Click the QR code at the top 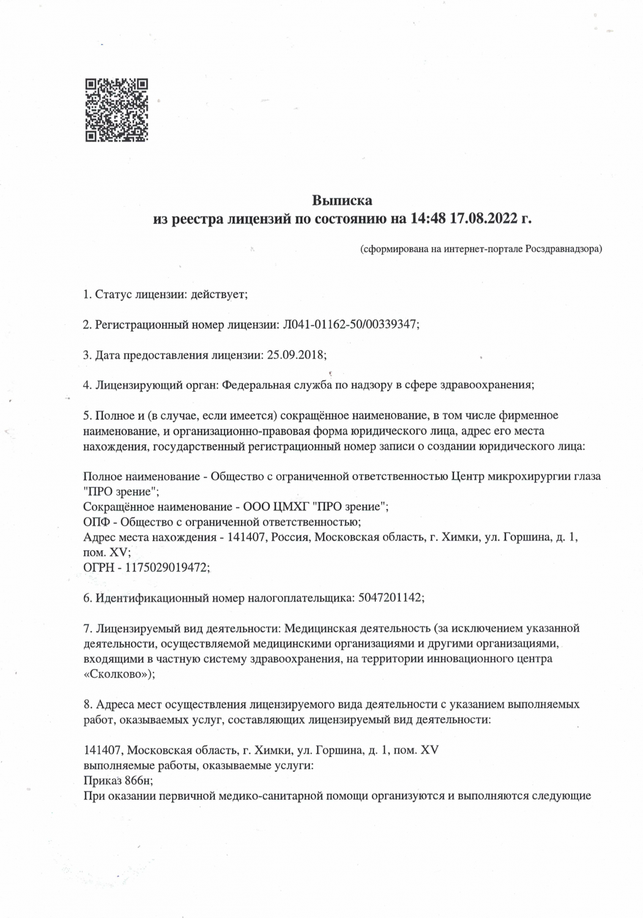116,110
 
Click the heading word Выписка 342,200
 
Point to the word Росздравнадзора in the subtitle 563,249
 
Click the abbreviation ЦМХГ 286,506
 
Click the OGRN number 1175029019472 166,567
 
